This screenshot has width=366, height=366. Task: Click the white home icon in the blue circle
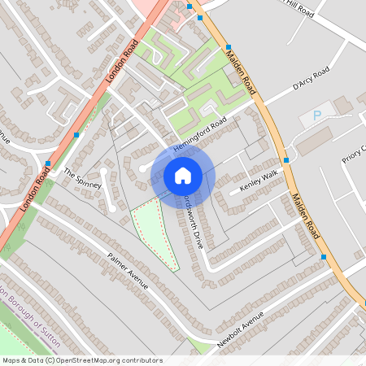coord(183,175)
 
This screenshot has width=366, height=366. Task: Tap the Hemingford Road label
coord(198,136)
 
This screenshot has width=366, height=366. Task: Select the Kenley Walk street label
coord(259,181)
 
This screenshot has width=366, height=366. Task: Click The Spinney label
coord(81,178)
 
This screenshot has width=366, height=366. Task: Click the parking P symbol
coord(317,115)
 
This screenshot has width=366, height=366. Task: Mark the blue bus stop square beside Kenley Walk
coord(286,160)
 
